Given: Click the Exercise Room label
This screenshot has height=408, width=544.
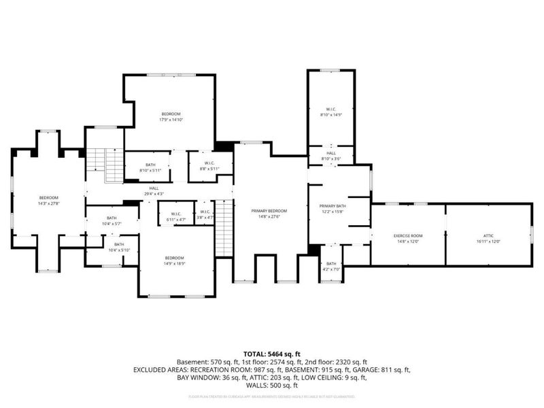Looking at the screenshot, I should tap(408, 235).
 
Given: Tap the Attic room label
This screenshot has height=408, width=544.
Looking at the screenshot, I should tap(488, 235).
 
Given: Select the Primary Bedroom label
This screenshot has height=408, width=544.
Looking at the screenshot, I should tap(269, 211).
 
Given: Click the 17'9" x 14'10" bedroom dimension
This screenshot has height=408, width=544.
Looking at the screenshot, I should tap(171, 120).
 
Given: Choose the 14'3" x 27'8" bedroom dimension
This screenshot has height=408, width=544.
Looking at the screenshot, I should tap(48, 203).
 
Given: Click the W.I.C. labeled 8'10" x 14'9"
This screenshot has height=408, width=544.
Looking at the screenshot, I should tap(330, 114).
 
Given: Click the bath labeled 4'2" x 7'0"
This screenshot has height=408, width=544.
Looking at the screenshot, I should tap(331, 267).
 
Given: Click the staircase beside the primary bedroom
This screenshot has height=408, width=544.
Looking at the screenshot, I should tap(224, 231).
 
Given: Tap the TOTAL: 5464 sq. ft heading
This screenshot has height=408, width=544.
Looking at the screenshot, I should tap(272, 354).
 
